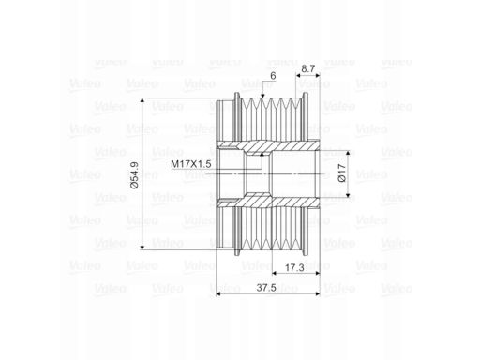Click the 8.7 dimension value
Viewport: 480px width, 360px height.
(308, 68)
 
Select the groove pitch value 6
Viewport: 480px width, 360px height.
(273, 76)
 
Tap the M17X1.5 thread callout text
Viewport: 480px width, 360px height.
(191, 164)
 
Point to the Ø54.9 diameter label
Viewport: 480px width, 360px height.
(134, 175)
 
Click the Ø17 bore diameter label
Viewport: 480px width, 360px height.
(342, 173)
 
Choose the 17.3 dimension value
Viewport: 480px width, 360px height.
(294, 267)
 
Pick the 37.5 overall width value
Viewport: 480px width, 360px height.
(266, 288)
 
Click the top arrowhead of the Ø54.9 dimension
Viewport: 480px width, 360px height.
(142, 100)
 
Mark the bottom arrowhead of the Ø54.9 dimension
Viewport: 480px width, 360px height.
(142, 247)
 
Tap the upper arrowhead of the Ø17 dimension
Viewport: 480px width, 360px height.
(348, 153)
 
